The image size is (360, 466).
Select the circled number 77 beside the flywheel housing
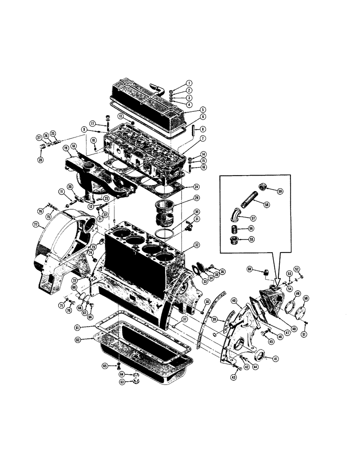click(36, 224)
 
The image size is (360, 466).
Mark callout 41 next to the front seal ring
click(276, 359)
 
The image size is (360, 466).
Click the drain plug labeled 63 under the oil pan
click(137, 381)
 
